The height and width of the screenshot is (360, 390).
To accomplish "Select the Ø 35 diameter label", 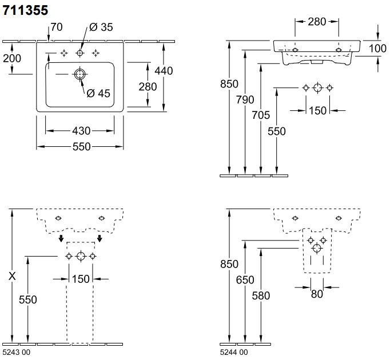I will click(101, 27).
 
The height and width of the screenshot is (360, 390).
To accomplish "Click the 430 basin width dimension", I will click(81, 131).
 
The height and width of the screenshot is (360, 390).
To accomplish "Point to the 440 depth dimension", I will click(164, 70).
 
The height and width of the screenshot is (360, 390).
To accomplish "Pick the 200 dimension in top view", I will click(12, 58).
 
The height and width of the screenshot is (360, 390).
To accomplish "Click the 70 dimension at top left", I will click(56, 27).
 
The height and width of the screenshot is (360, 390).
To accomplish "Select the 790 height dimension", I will click(245, 99).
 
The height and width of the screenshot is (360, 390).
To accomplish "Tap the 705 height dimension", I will click(261, 115).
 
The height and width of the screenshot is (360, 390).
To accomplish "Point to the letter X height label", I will click(12, 276).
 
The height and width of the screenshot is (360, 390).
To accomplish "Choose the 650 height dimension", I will click(245, 280).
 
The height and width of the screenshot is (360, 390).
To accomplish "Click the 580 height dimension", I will click(261, 295).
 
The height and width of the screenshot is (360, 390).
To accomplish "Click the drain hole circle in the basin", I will click(79, 74).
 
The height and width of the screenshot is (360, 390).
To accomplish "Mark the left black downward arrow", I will click(61, 238).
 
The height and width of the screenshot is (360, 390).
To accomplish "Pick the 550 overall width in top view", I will click(81, 147).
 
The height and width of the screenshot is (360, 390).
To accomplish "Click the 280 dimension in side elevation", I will click(317, 22).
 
